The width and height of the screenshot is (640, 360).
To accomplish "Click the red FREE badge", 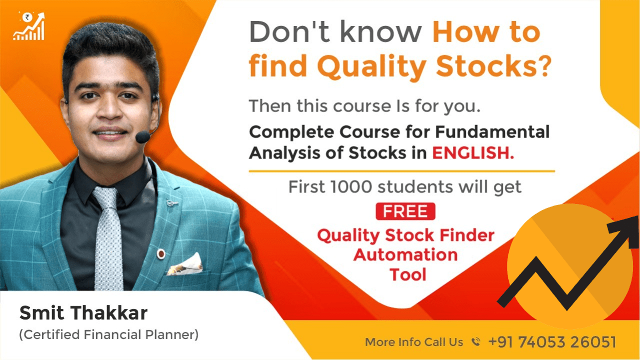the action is click(405, 211).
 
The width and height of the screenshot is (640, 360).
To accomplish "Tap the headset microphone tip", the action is click(142, 137).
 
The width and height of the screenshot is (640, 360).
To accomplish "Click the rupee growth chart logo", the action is click(28, 26).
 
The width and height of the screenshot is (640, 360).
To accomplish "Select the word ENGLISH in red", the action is click(473, 153).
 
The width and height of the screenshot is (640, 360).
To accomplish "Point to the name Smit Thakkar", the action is click(83, 313).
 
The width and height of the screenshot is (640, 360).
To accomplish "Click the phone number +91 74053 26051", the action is click(552, 341).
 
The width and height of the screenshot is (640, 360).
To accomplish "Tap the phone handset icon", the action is click(475, 341).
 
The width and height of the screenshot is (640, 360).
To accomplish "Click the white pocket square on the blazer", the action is click(185, 264).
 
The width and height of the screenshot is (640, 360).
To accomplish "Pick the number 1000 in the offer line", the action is click(351, 187).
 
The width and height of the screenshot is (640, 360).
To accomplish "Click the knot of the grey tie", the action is click(105, 197).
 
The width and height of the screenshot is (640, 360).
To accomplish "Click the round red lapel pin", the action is click(161, 253).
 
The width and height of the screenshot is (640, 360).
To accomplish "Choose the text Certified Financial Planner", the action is click(109, 334).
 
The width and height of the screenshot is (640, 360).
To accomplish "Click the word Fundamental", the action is click(492, 132).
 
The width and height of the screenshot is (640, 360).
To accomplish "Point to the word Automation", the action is click(405, 254).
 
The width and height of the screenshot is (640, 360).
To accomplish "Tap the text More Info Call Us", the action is click(414, 342).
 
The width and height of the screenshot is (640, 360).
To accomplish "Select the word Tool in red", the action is click(407, 274).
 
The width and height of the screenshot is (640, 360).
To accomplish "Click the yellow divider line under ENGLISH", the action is click(401, 171).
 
